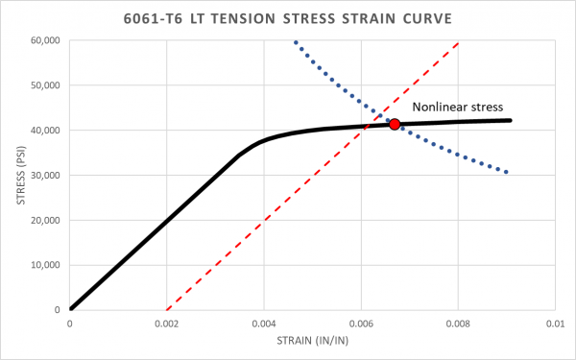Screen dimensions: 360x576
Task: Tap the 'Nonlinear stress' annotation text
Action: click(459, 108)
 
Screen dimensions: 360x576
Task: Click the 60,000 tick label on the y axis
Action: click(44, 40)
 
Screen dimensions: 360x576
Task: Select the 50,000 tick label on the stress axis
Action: click(44, 85)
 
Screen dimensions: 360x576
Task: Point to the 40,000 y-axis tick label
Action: click(44, 131)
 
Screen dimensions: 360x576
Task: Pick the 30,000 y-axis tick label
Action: click(44, 176)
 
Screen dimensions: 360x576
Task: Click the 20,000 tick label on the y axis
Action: click(44, 221)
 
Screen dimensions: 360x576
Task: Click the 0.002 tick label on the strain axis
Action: click(167, 324)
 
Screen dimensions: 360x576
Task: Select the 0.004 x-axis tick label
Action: click(264, 324)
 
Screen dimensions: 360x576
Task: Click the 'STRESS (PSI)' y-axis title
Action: click(14, 176)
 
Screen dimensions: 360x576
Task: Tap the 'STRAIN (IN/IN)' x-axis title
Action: click(311, 343)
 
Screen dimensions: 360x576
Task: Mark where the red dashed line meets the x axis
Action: click(167, 310)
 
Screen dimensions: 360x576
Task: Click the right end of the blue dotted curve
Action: click(506, 172)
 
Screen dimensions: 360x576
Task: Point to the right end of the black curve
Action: click(510, 120)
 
